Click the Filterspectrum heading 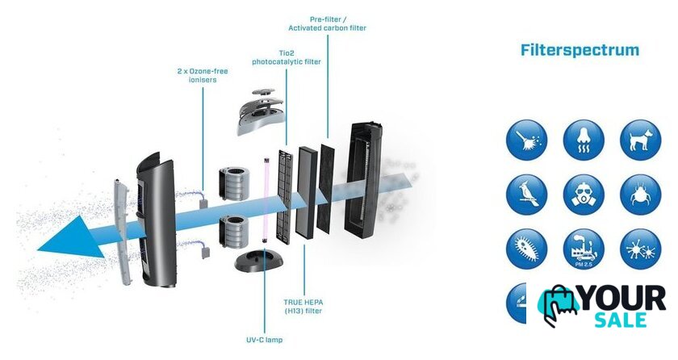[580, 50]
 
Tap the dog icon [640, 140]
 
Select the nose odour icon [584, 140]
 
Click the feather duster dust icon [527, 140]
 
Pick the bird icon [527, 194]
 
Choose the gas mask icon [584, 194]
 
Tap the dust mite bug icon [640, 194]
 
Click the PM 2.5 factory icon [584, 249]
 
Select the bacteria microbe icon [527, 249]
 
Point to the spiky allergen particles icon [640, 249]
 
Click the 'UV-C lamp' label [265, 340]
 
